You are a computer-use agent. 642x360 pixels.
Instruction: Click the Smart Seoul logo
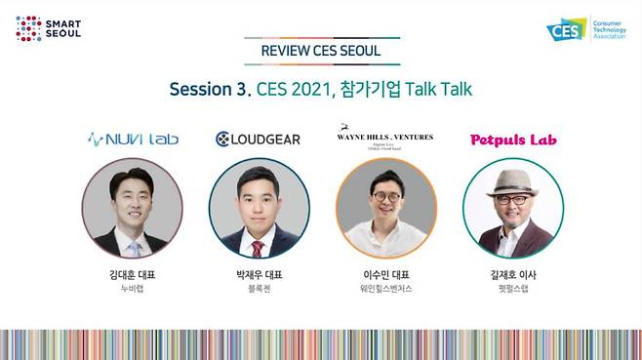[x=48, y=28]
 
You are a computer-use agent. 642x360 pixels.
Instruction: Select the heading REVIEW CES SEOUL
[x=321, y=51]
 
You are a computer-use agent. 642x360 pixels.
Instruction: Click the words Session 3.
[x=209, y=89]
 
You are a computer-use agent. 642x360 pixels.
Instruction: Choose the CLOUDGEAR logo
[x=259, y=140]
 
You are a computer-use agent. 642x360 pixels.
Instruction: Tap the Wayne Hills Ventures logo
[x=384, y=138]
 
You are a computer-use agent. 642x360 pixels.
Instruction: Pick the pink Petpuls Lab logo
[x=512, y=140]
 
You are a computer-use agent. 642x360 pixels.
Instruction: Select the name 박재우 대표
[x=259, y=275]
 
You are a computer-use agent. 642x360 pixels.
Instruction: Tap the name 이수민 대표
[x=385, y=275]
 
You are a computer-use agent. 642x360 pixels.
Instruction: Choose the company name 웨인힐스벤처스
[x=385, y=290]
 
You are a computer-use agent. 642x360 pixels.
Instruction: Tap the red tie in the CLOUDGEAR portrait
[x=258, y=248]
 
